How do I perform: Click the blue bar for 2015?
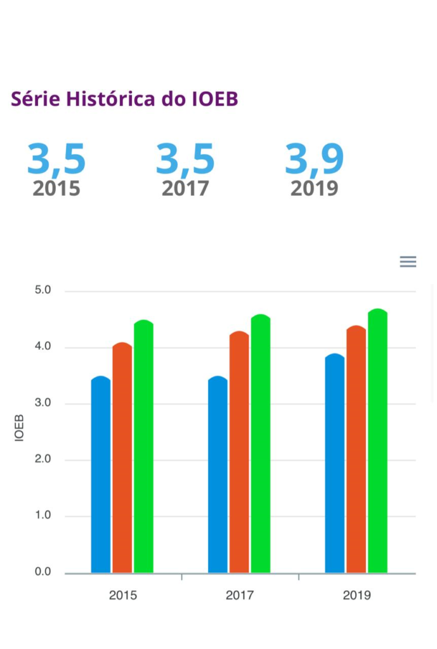coord(101,475)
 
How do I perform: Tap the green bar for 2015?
coord(144,447)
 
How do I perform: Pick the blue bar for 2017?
coord(218,475)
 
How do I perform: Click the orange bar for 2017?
coord(239,453)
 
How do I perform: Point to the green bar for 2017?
coord(261,444)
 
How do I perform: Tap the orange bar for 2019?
coord(356,450)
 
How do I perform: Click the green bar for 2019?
coord(377,441)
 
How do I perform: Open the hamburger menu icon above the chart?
coord(408,262)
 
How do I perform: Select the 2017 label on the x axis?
coord(240,596)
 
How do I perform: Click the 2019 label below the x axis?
coord(356,596)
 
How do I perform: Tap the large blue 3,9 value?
coord(314,160)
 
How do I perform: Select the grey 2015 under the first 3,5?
coord(56,188)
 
